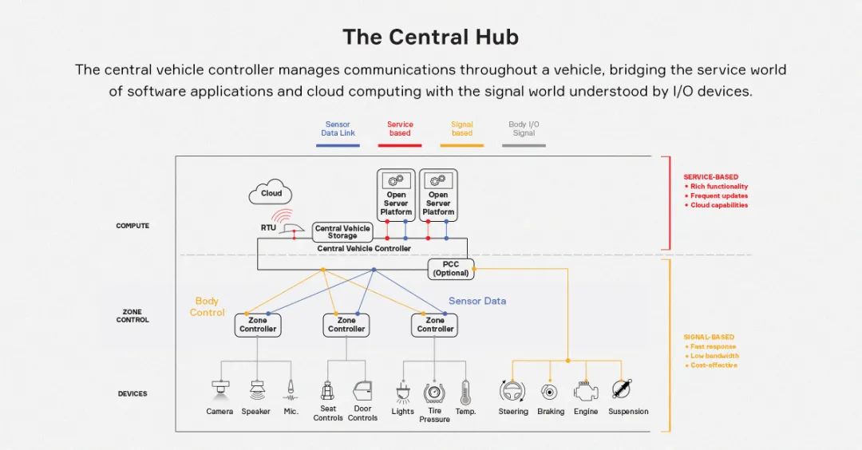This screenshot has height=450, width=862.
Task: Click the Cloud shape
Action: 271,193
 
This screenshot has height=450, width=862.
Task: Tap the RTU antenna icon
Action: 286,223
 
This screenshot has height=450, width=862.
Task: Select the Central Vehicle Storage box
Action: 342,232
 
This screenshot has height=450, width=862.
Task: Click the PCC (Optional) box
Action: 450,269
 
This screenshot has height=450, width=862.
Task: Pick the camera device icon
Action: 220,389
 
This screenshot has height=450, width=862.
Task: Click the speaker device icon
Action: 257,390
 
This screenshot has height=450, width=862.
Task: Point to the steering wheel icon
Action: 512,391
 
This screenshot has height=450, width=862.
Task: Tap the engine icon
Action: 587,391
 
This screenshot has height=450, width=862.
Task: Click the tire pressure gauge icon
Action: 434,393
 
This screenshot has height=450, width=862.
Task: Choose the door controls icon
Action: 362,391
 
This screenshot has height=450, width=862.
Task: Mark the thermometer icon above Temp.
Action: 465,391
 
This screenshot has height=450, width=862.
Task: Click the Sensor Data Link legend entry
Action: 338,128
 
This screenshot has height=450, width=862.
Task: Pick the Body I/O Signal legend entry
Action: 524,128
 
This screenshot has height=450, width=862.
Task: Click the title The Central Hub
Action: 430,37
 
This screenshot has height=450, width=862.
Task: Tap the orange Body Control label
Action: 207,306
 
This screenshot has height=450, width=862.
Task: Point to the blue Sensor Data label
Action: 477,301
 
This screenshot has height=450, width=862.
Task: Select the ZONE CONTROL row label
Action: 132,316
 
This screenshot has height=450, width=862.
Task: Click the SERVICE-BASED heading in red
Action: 710,177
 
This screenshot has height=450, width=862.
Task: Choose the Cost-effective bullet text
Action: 714,365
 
